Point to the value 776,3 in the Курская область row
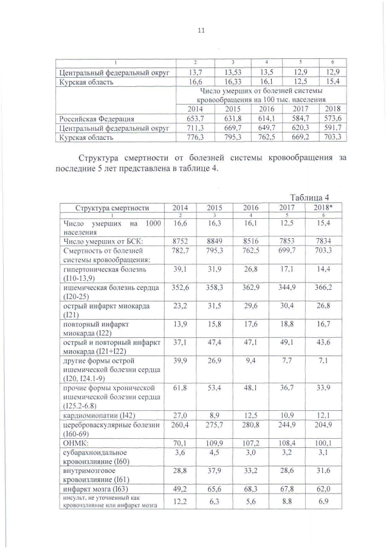pos(191,138)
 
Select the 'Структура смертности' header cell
pos(112,207)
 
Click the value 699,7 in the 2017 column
pos(286,251)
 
